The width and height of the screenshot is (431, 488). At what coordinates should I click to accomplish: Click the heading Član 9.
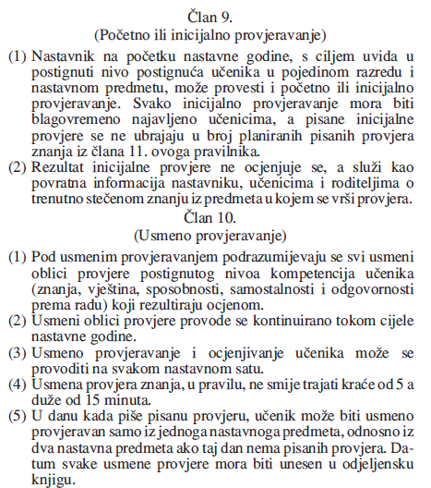pos(215,13)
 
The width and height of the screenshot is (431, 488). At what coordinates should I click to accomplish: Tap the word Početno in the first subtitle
pos(158,35)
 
